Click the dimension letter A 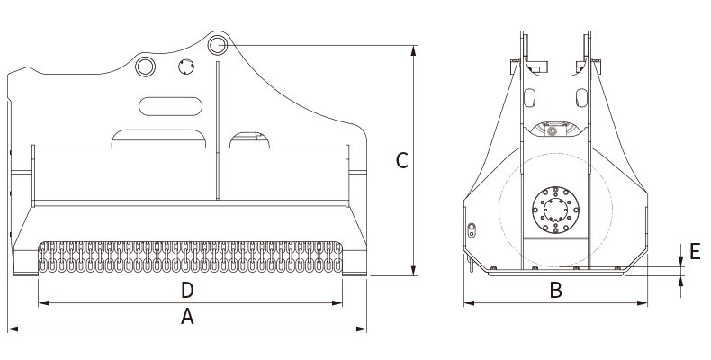click(187, 316)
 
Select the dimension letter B click(556, 290)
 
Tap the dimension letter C click(402, 161)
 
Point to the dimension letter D click(187, 290)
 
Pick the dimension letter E click(694, 251)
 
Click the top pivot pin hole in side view click(216, 45)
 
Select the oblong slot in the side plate click(170, 106)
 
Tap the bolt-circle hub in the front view click(555, 210)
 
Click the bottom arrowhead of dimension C click(413, 272)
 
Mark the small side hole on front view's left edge click(471, 227)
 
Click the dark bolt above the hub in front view click(550, 131)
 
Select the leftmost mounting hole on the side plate click(144, 66)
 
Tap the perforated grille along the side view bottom click(190, 257)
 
